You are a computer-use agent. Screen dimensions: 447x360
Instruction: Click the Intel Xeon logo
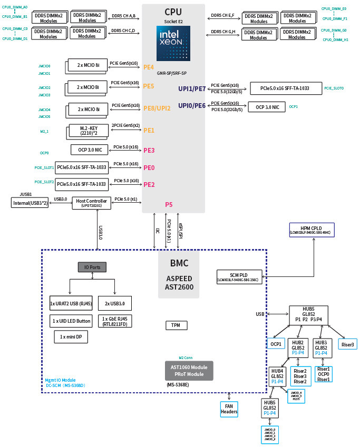point(173,43)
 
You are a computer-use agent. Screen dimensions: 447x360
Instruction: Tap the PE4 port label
point(149,67)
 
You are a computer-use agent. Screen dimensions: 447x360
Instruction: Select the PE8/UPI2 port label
point(157,108)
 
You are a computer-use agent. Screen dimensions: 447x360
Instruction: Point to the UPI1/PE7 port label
point(192,89)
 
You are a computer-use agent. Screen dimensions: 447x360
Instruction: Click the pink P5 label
point(169,204)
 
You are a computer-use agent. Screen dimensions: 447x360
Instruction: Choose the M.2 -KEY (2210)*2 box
point(89,131)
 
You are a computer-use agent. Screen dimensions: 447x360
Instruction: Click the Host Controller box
point(91,203)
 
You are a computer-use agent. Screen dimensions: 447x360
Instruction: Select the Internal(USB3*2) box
point(30,203)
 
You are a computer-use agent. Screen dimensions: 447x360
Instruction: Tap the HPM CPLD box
point(312,230)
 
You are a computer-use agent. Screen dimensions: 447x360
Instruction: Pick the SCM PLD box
point(239,277)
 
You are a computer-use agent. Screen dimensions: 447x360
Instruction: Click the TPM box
point(176,325)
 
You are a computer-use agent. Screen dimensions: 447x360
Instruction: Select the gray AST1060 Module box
point(189,371)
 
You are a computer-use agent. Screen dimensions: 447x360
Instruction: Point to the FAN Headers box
point(229,409)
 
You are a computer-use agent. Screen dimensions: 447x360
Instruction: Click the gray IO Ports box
point(92,267)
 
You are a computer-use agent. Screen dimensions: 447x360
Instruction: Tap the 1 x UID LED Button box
point(71,321)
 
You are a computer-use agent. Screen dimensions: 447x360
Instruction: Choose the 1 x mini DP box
point(71,337)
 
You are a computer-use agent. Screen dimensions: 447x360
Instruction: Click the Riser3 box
point(347,344)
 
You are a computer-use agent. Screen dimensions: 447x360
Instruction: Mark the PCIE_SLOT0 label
point(334,88)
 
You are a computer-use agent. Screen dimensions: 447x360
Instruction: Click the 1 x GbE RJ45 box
point(115,321)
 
